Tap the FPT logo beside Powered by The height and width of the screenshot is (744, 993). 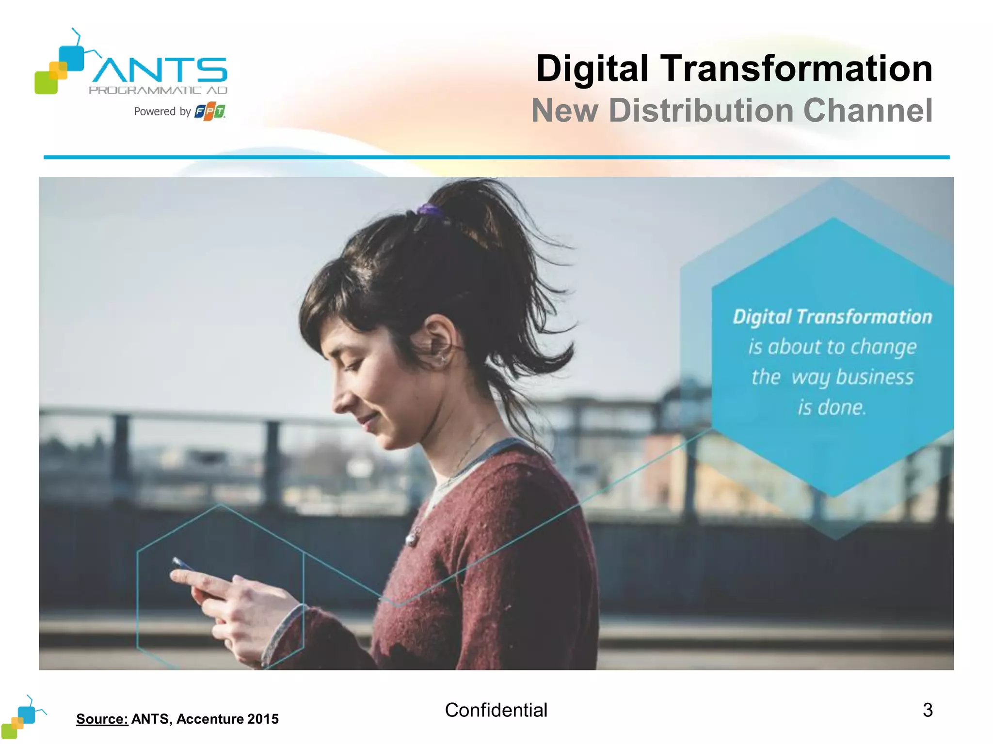coord(210,111)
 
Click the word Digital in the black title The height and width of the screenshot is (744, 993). coord(592,69)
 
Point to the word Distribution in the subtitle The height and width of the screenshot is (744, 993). coord(701,110)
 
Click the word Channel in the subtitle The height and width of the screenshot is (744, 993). coord(868,110)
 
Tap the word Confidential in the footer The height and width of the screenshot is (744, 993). coord(496,710)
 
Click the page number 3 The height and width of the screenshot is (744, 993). coord(928,710)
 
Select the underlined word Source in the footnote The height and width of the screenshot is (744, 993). coord(102,719)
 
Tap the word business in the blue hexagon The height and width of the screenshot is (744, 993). coord(875,377)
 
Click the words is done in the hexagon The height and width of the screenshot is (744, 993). coord(832,407)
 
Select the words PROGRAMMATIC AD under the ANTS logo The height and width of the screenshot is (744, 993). coord(158,90)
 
